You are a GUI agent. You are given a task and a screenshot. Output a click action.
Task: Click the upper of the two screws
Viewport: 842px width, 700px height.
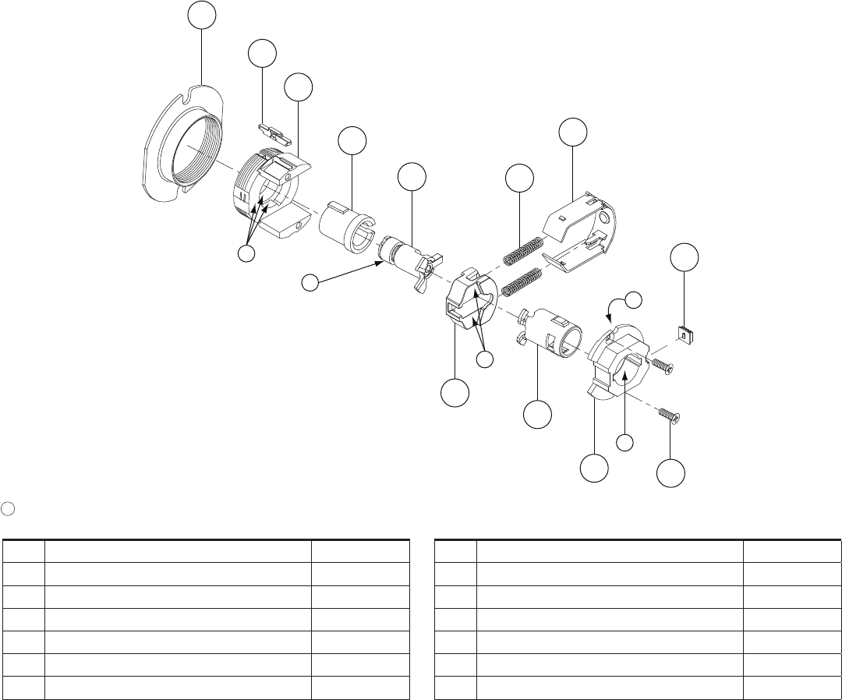coord(660,364)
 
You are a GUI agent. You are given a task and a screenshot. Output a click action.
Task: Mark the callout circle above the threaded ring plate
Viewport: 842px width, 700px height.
coord(202,13)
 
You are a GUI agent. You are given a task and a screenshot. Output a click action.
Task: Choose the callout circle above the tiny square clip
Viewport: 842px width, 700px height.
coord(685,258)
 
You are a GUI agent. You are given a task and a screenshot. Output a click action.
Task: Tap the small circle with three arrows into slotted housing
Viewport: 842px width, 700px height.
coord(247,254)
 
